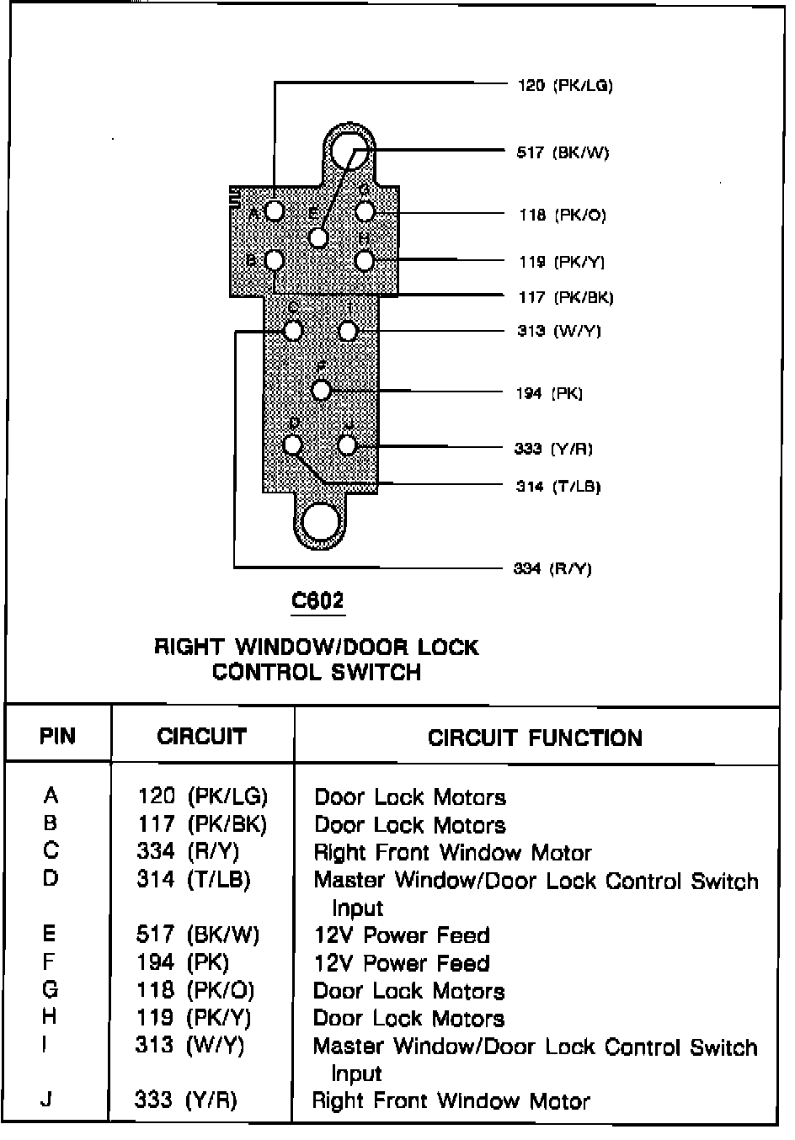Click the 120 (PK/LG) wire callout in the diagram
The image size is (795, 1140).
564,85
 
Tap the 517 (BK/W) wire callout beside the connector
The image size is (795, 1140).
562,152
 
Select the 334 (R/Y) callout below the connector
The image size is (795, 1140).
552,569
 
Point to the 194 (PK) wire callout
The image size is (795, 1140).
549,393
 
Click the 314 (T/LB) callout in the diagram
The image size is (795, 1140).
558,487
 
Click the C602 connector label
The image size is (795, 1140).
317,600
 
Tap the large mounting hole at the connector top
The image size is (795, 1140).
347,152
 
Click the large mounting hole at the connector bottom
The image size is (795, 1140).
320,523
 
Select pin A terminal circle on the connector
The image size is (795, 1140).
275,210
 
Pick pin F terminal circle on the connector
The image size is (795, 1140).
320,390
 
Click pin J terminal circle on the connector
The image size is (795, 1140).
347,445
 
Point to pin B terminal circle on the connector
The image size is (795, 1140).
275,261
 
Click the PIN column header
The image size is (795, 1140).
57,737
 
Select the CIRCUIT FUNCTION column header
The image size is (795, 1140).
535,738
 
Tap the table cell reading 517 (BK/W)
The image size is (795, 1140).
198,935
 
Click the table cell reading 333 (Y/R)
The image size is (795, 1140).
186,1100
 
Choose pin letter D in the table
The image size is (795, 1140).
51,879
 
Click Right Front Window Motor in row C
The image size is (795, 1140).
452,853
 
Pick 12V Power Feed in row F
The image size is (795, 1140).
401,962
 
